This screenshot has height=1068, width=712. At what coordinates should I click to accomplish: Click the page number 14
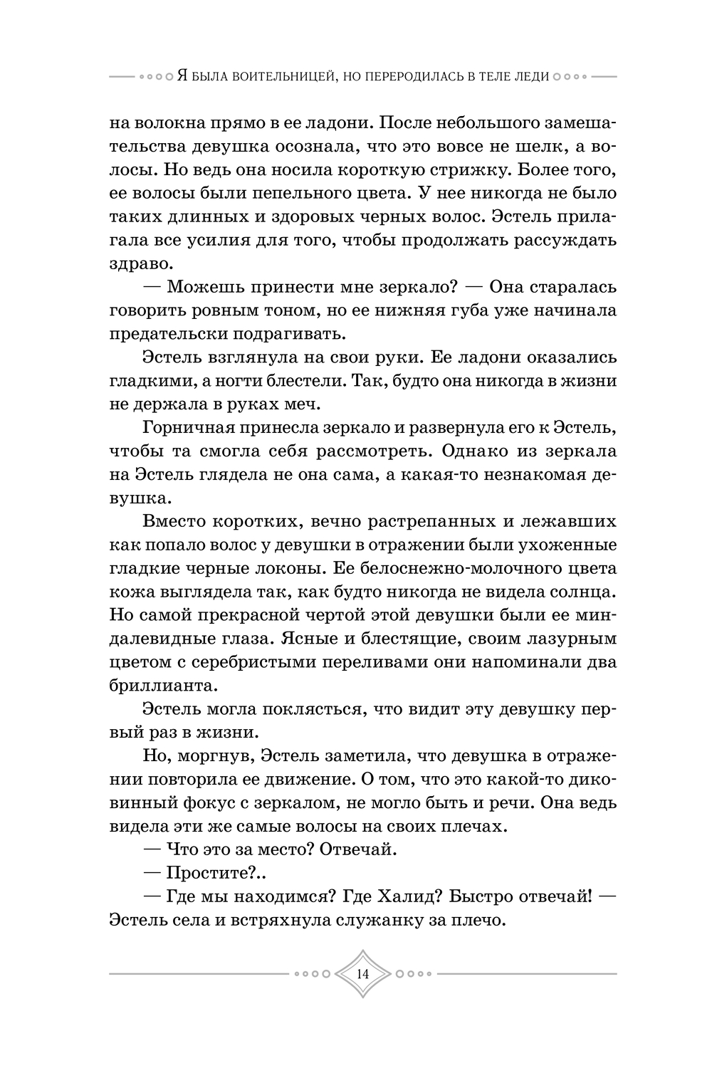click(x=363, y=973)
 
